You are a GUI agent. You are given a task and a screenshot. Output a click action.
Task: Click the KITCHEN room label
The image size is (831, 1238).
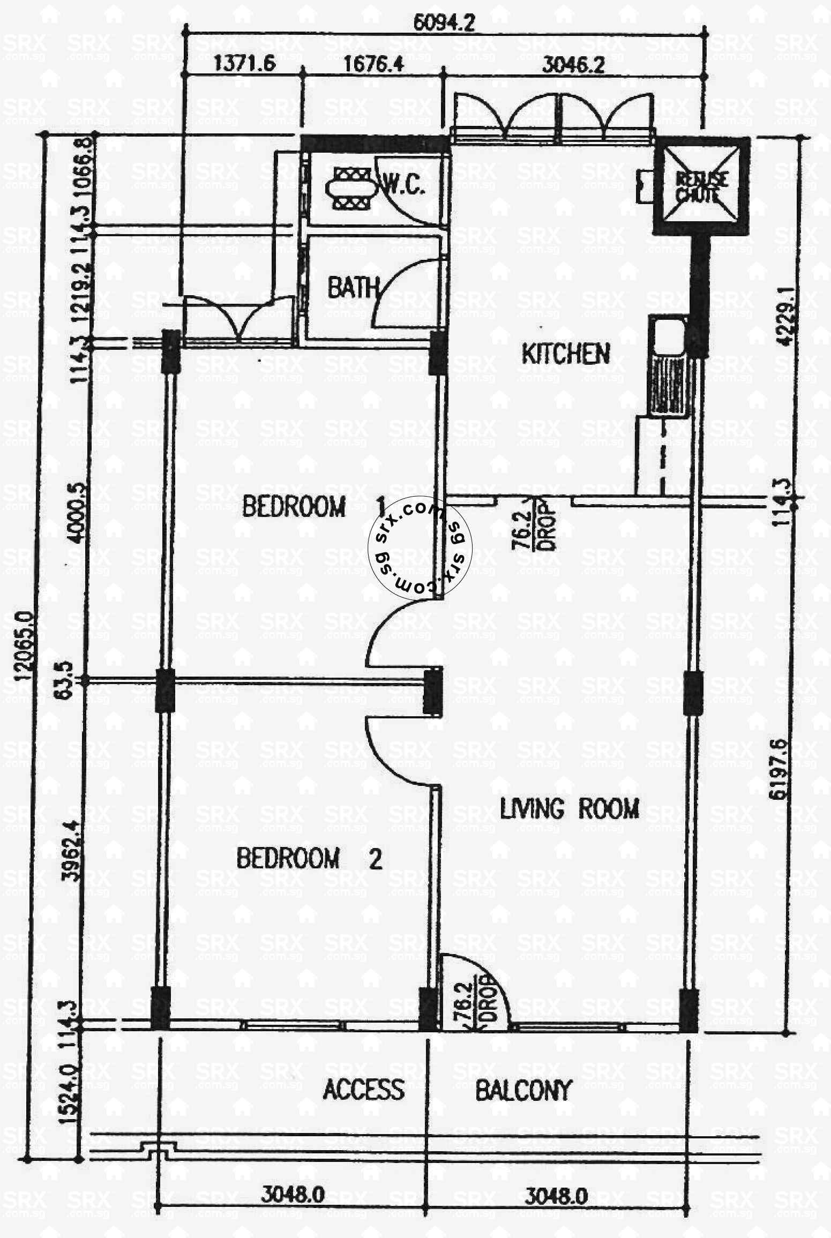(x=566, y=354)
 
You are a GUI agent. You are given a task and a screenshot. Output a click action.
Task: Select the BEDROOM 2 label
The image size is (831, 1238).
(x=309, y=858)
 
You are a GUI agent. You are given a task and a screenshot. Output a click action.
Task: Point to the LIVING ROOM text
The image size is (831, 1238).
(x=570, y=808)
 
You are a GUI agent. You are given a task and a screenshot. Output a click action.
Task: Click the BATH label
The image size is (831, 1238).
(x=353, y=288)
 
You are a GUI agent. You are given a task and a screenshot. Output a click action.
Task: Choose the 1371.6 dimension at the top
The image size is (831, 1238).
(x=244, y=65)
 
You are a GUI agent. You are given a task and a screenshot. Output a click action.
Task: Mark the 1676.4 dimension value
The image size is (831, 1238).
(x=373, y=65)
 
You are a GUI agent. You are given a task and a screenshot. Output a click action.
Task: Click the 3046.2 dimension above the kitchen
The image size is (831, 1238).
(x=573, y=65)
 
